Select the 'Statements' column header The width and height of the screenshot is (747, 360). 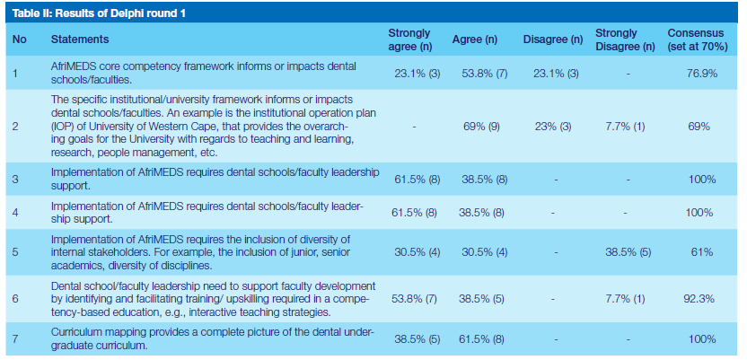click(80, 40)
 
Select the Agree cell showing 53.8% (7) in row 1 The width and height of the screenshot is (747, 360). click(483, 74)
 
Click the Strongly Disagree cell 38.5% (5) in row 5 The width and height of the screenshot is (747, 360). click(627, 253)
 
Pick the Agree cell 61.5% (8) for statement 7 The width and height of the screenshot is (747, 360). click(483, 340)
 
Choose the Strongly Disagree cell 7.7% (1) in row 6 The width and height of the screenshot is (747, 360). click(627, 298)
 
